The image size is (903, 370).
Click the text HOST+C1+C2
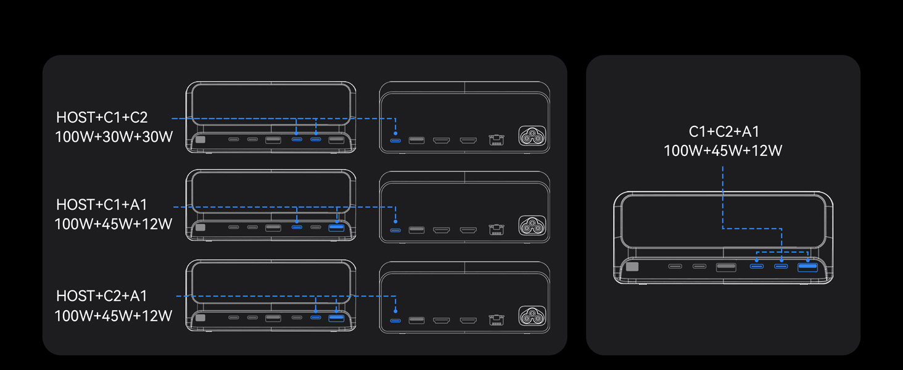(x=102, y=117)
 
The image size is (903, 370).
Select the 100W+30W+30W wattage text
(x=113, y=137)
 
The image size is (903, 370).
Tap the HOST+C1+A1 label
(x=102, y=205)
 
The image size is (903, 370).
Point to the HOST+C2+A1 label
(x=102, y=296)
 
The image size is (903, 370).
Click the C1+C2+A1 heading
(x=724, y=131)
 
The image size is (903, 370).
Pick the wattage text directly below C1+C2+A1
(x=723, y=150)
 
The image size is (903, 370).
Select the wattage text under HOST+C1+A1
(x=113, y=224)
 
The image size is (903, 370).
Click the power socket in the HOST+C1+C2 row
(x=532, y=136)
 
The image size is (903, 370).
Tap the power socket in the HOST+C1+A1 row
(x=532, y=226)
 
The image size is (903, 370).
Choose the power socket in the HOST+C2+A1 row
(x=532, y=316)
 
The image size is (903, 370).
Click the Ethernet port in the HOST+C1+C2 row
(x=497, y=140)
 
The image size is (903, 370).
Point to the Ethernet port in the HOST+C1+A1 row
(x=497, y=230)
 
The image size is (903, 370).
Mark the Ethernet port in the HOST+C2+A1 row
(x=497, y=320)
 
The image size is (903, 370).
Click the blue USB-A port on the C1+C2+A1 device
(x=807, y=267)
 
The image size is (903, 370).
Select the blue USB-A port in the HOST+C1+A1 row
(x=336, y=228)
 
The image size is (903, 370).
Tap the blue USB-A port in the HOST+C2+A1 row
(x=336, y=318)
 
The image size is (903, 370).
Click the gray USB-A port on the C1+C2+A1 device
(x=726, y=267)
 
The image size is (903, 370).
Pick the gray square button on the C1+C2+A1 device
(x=632, y=266)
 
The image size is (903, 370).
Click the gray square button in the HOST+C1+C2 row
(x=200, y=139)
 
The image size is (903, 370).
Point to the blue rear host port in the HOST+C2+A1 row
(x=395, y=321)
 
